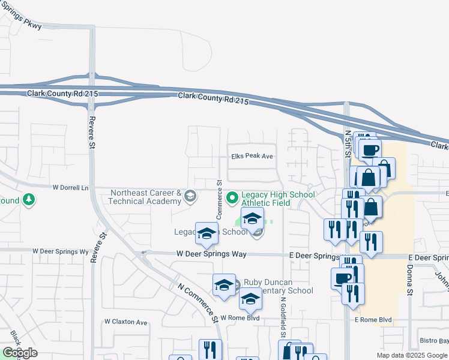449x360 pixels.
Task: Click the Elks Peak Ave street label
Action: coord(252,156)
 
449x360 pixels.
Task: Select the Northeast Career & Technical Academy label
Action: coord(145,197)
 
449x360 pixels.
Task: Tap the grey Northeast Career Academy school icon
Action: coord(190,197)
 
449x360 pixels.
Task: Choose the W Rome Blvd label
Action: coord(240,318)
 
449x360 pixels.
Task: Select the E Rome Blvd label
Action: coord(372,320)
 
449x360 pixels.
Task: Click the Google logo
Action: coord(20,353)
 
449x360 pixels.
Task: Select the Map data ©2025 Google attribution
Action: coord(411,355)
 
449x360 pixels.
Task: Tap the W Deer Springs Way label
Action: coord(211,254)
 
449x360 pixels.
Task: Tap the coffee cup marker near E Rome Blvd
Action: coord(342,278)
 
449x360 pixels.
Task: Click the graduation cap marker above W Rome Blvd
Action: coord(250,298)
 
